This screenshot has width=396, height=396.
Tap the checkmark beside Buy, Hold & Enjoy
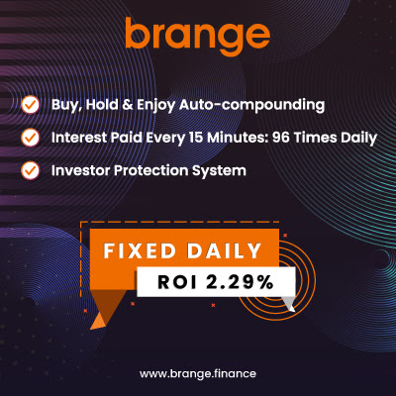[x=31, y=105]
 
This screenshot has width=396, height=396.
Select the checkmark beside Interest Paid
[x=31, y=138]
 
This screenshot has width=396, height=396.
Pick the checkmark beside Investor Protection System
[x=31, y=171]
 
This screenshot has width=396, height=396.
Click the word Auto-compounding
[x=252, y=106]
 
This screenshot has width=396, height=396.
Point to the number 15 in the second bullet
[x=196, y=138]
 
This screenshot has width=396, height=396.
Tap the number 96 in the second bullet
[x=280, y=138]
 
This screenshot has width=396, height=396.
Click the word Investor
[x=80, y=170]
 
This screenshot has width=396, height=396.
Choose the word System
[x=219, y=171]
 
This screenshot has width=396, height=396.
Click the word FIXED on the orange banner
[x=140, y=250]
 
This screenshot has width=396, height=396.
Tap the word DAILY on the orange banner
[x=224, y=250]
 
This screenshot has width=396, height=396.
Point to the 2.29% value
[x=240, y=282]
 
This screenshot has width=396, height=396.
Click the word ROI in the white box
[x=177, y=282]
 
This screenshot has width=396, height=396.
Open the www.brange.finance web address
[x=198, y=374]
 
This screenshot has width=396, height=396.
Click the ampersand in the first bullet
[x=128, y=105]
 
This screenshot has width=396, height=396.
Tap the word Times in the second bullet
[x=315, y=138]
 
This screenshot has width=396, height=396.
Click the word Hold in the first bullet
[x=102, y=105]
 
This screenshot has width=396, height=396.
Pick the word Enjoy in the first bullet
[x=156, y=106]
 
